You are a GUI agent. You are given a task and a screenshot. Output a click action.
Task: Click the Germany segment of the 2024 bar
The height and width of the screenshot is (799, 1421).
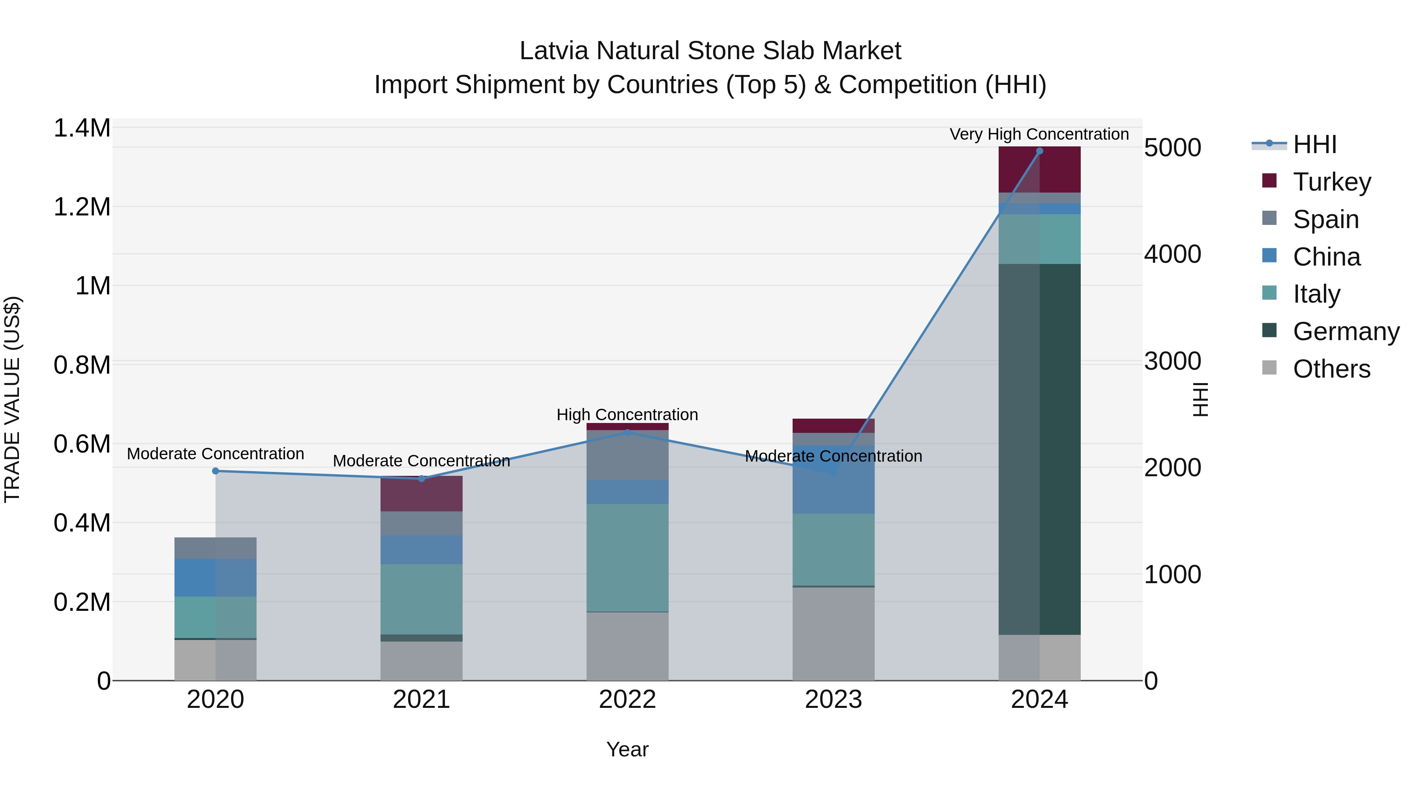(x=1039, y=449)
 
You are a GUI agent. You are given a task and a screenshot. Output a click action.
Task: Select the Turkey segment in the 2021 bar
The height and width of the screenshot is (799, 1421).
(x=422, y=494)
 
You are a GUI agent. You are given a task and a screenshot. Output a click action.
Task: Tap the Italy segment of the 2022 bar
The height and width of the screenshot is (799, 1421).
(x=627, y=558)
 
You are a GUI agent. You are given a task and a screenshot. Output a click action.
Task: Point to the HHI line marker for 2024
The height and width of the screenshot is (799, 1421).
(x=1039, y=151)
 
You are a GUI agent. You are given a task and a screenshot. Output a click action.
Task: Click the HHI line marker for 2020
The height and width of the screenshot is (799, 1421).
(x=216, y=471)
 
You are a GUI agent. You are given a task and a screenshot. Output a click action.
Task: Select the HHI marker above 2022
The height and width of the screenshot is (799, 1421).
(x=627, y=432)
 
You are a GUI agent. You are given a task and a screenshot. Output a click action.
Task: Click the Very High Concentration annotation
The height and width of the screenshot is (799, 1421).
(x=1039, y=134)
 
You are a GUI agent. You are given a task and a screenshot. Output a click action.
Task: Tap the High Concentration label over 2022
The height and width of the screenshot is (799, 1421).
(x=627, y=415)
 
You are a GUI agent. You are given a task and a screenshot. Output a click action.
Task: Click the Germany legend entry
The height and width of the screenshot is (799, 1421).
(x=1346, y=331)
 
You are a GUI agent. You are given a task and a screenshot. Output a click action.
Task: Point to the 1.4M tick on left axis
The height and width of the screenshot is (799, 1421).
(x=82, y=128)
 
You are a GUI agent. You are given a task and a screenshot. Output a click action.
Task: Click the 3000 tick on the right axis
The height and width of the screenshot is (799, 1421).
(x=1172, y=361)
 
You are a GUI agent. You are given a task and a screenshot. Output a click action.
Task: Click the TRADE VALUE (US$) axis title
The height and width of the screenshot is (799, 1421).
(x=13, y=399)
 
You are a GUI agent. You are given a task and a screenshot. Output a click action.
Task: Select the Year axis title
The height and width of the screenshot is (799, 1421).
(x=627, y=749)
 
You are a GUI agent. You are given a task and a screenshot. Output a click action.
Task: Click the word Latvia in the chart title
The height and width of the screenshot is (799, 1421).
(x=555, y=51)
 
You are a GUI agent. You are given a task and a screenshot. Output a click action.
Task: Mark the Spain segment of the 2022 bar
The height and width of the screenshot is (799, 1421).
(x=627, y=455)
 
